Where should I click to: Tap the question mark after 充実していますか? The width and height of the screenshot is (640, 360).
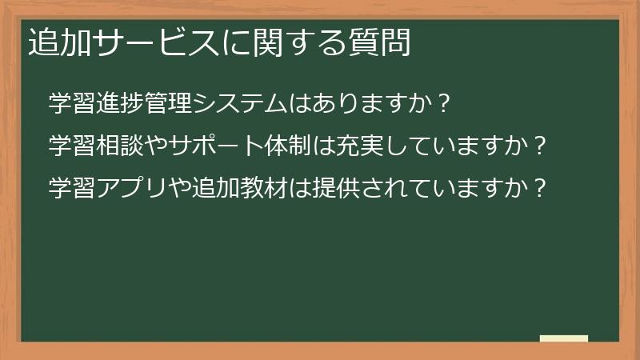(541, 146)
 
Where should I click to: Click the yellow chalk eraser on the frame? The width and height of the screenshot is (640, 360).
(563, 339)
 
